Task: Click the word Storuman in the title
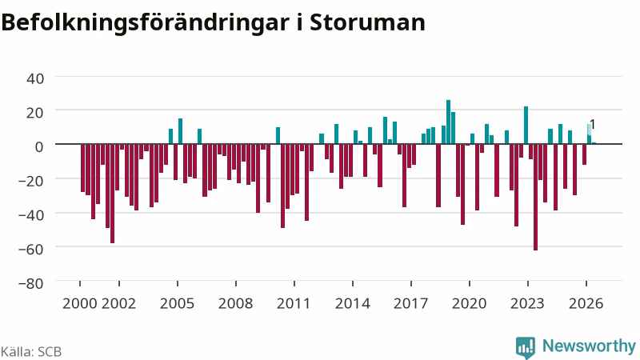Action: (367, 22)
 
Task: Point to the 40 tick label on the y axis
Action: (35, 78)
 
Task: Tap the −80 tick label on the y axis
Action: (31, 282)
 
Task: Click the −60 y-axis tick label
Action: (31, 248)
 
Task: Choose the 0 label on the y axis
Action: (39, 146)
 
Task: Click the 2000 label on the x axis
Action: (79, 303)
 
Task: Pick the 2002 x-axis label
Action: (118, 303)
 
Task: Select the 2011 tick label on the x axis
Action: (294, 303)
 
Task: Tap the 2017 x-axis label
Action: (410, 303)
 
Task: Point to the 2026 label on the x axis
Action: (586, 303)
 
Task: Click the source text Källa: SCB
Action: (31, 351)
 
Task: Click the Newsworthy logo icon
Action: (526, 347)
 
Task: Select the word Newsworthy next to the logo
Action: (589, 346)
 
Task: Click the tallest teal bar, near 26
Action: (448, 122)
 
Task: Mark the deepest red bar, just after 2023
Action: (535, 197)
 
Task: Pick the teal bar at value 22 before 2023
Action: (526, 126)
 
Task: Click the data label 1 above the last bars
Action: (593, 125)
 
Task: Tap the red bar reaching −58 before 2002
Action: (112, 194)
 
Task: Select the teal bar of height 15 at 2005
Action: (181, 131)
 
